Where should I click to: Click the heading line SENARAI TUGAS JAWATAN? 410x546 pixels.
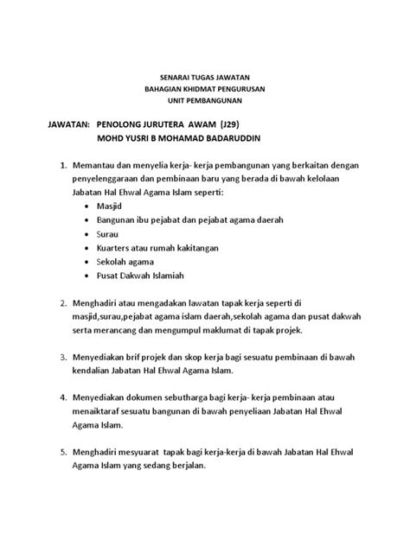[x=205, y=77]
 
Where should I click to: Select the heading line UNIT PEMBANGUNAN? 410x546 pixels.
[x=205, y=101]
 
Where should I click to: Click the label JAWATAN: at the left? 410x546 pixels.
[x=59, y=125]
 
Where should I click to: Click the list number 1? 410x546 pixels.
[x=61, y=164]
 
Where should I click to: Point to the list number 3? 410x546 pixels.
[x=61, y=356]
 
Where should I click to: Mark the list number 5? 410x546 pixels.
[x=61, y=453]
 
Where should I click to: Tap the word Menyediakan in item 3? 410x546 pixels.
[x=108, y=356]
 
